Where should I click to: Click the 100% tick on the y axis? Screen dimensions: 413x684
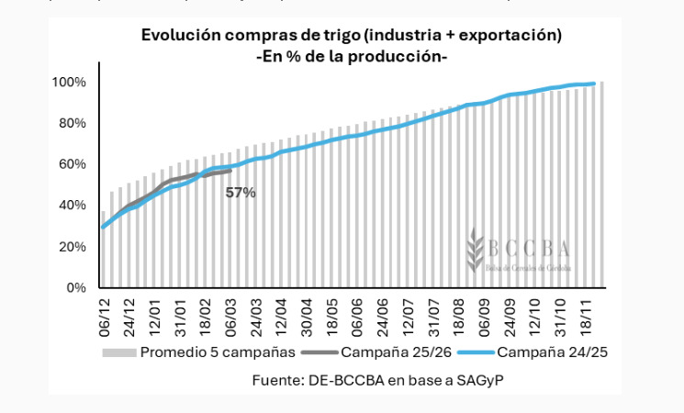click(x=70, y=83)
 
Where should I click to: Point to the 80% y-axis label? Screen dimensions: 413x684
click(x=73, y=123)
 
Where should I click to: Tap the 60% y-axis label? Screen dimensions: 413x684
click(x=73, y=164)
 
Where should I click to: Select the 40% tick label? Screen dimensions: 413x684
click(x=73, y=206)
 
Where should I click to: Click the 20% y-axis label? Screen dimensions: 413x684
click(x=73, y=247)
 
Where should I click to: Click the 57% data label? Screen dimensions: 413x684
click(x=241, y=193)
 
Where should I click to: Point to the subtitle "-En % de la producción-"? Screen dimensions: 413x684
click(x=351, y=56)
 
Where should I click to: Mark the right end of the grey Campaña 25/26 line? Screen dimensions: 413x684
click(x=230, y=170)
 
